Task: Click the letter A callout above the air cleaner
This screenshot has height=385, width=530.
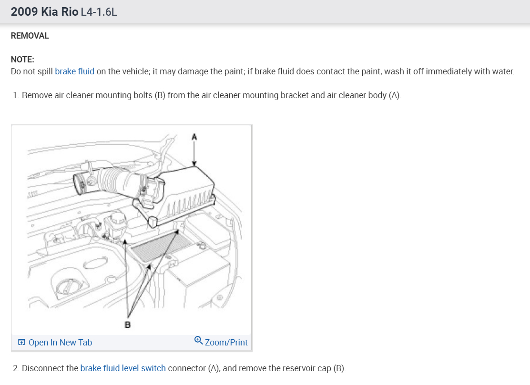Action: pyautogui.click(x=194, y=137)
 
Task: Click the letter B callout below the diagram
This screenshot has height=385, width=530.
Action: pyautogui.click(x=127, y=325)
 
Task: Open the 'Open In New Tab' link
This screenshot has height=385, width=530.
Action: pyautogui.click(x=60, y=343)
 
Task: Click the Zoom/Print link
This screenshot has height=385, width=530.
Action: pyautogui.click(x=226, y=343)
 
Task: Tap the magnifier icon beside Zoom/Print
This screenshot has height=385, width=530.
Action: pyautogui.click(x=199, y=341)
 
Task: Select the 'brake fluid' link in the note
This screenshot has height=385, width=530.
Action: pyautogui.click(x=74, y=71)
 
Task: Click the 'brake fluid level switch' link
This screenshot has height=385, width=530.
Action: pyautogui.click(x=123, y=368)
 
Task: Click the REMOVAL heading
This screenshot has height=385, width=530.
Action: pyautogui.click(x=30, y=36)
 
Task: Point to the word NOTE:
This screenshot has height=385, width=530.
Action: pyautogui.click(x=22, y=60)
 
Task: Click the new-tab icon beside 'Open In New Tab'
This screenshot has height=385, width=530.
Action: pyautogui.click(x=21, y=343)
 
